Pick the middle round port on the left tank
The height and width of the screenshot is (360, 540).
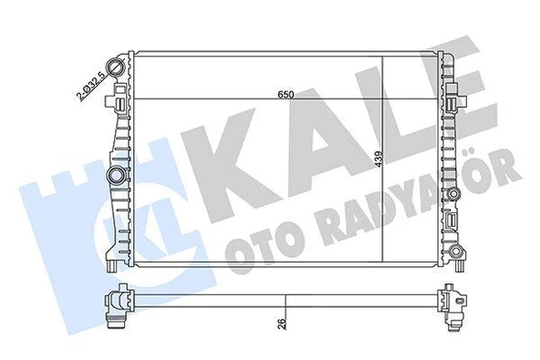[x=116, y=174]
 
